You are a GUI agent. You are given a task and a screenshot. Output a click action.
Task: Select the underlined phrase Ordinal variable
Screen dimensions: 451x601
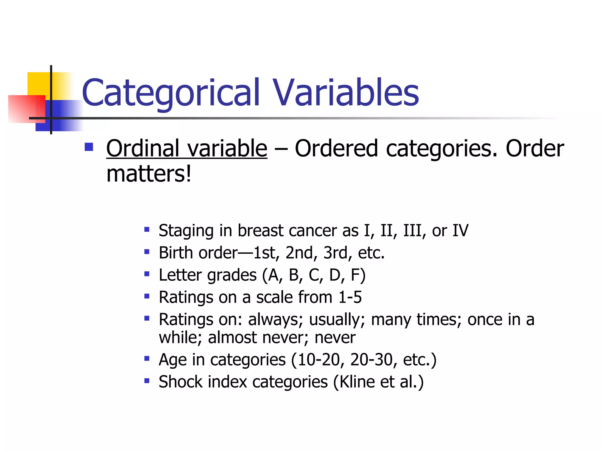point(187,149)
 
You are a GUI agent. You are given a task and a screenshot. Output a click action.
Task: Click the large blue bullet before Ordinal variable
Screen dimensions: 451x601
point(89,147)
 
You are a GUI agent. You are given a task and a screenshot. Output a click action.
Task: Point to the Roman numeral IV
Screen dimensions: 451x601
point(460,231)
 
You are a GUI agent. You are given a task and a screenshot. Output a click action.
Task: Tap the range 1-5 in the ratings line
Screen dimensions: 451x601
point(350,297)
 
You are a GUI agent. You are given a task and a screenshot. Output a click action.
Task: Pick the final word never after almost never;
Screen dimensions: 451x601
point(335,338)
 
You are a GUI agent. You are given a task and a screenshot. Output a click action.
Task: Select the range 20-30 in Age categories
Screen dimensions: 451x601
point(372,360)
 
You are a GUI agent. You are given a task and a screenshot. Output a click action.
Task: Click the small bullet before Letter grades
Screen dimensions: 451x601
point(147,274)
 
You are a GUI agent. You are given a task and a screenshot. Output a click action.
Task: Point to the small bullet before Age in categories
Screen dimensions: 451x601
point(147,359)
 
